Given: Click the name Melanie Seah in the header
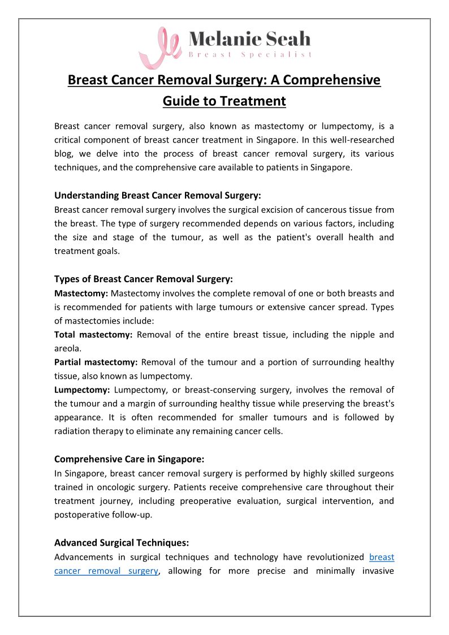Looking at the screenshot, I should pos(249,38).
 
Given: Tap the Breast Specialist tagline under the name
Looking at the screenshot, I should pos(249,54).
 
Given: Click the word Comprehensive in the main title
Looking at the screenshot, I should pos(332,80).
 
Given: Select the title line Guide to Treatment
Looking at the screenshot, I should pos(225,101).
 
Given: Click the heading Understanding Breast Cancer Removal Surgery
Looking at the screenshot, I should pos(157,196).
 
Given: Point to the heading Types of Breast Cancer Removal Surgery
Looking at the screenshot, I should pos(143,279).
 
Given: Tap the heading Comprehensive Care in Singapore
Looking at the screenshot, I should pos(134,459).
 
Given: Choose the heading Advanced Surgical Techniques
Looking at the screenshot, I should pos(122,543).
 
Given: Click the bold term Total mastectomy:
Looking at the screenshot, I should pos(93,335).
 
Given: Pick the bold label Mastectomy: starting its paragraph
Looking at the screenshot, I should pos(81,293).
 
